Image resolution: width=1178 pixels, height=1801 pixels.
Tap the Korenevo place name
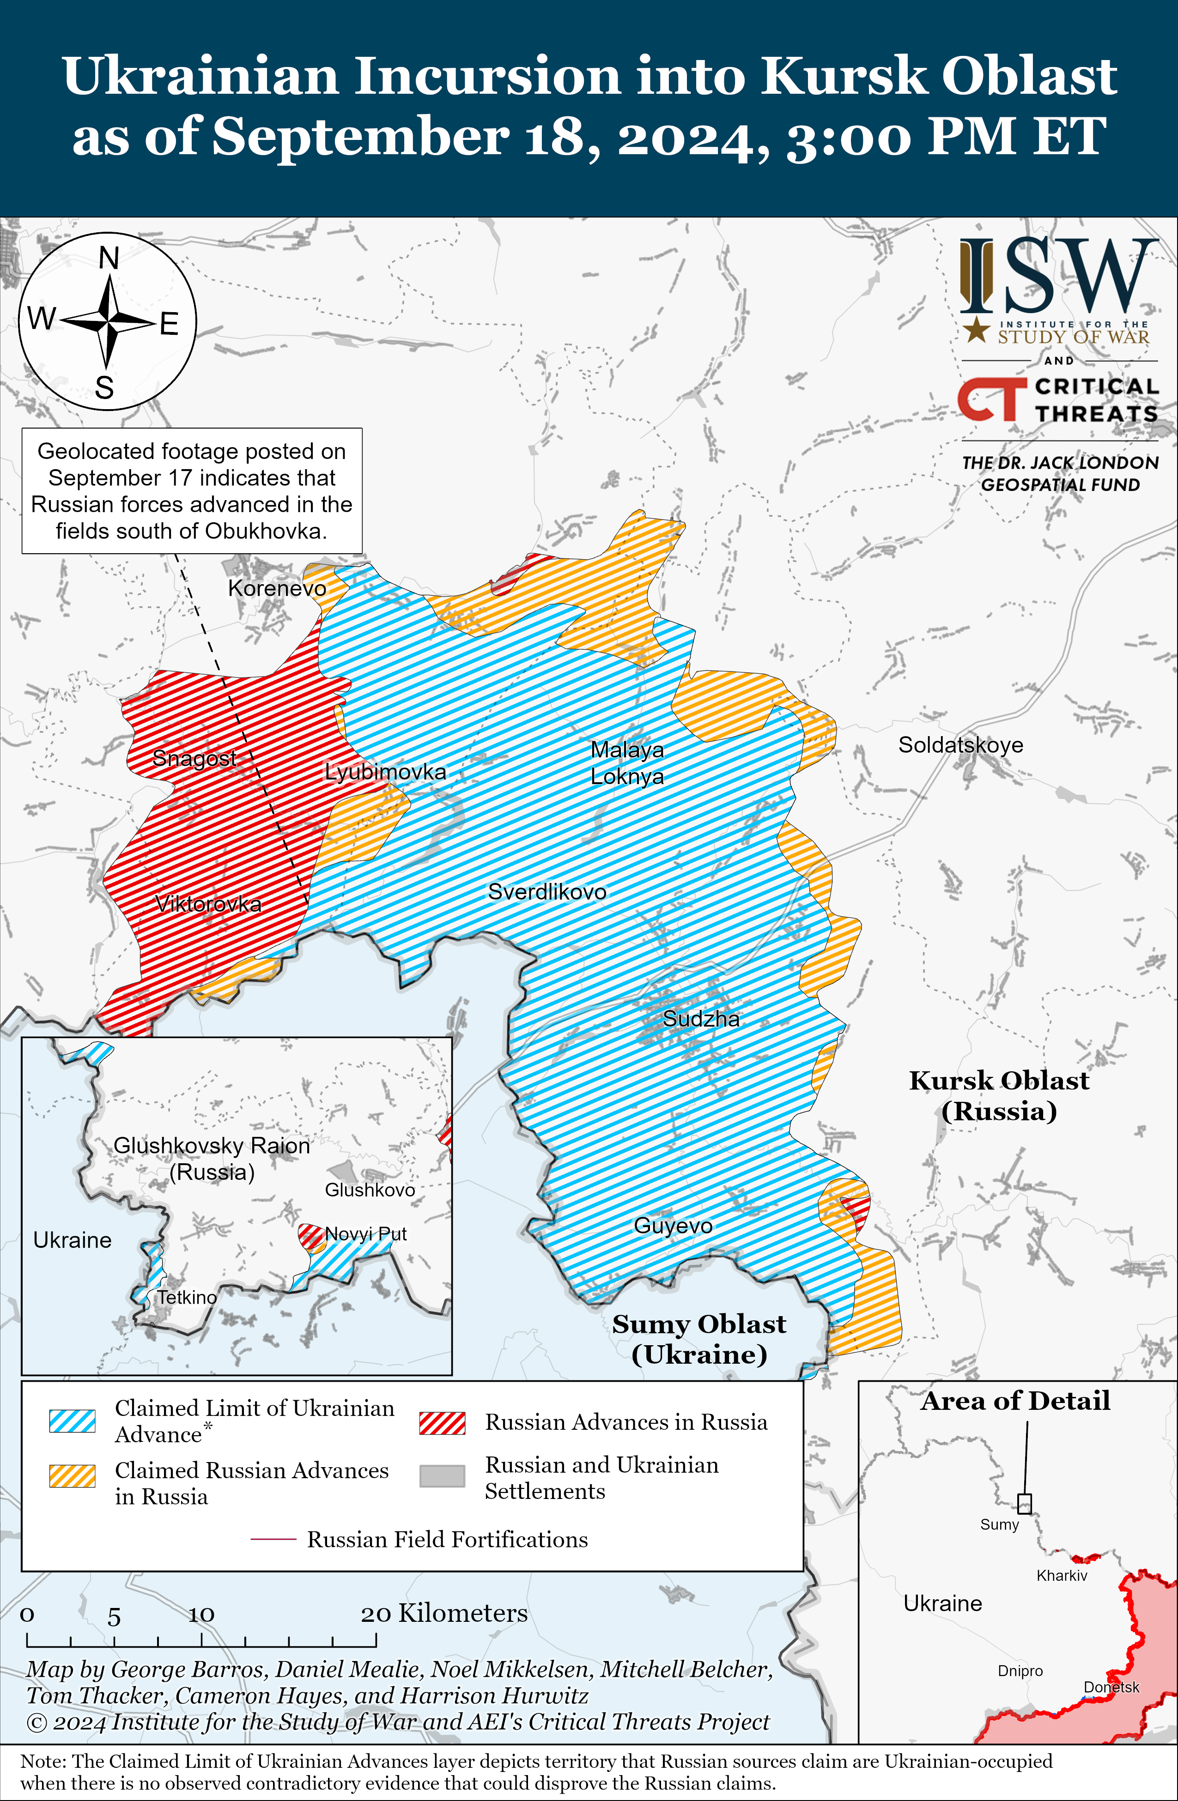[277, 588]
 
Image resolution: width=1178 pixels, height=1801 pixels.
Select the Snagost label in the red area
[194, 757]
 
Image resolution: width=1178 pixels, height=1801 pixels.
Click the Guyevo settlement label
[673, 1225]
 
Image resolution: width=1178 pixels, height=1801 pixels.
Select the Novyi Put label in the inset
[366, 1234]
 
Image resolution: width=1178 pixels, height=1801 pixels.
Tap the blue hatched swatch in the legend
[72, 1420]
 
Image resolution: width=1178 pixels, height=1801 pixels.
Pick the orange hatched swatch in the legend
[72, 1475]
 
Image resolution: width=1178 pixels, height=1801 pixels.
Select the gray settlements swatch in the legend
[442, 1475]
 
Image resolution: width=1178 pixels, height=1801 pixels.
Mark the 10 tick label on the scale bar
[201, 1614]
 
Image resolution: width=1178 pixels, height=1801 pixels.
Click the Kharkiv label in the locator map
[1062, 1576]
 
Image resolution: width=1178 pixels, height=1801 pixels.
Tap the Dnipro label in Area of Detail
[1020, 1671]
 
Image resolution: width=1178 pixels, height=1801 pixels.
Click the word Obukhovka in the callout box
[265, 531]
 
